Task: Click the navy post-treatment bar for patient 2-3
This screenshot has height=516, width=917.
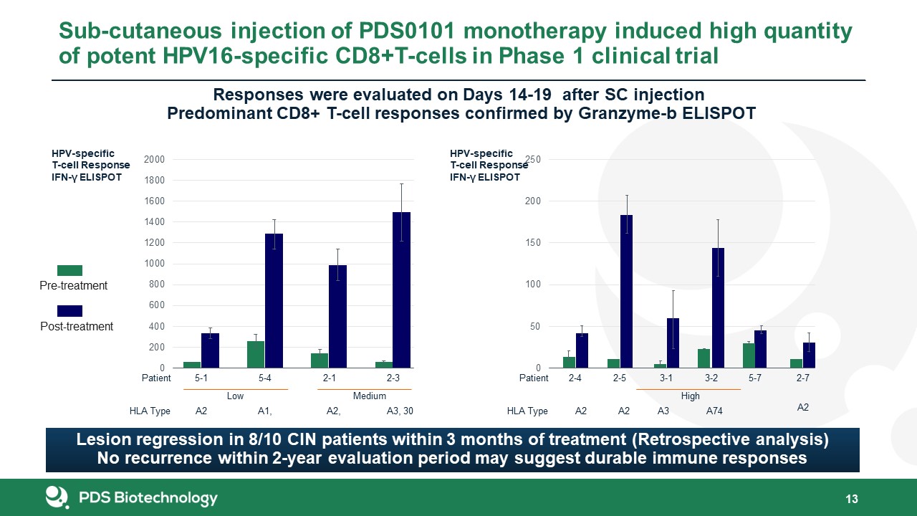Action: pyautogui.click(x=401, y=290)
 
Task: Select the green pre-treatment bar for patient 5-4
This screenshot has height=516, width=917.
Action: pyautogui.click(x=256, y=355)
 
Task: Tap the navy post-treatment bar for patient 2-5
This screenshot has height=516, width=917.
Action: pyautogui.click(x=626, y=292)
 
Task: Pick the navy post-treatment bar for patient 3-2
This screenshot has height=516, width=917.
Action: pyautogui.click(x=718, y=308)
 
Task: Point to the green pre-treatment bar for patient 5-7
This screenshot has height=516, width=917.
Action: pyautogui.click(x=749, y=355)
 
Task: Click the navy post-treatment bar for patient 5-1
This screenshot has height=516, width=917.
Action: pyautogui.click(x=210, y=350)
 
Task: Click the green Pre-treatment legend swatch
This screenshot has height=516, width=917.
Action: pyautogui.click(x=69, y=270)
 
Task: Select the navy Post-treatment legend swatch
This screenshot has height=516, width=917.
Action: pyautogui.click(x=69, y=311)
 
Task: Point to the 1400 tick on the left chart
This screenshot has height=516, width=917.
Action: pyautogui.click(x=154, y=222)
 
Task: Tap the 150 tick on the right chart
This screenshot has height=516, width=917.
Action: pyautogui.click(x=533, y=243)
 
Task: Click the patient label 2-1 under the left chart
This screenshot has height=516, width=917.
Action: pyautogui.click(x=329, y=378)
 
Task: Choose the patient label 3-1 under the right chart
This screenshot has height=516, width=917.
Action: pyautogui.click(x=666, y=378)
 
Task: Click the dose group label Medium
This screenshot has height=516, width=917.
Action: pyautogui.click(x=369, y=396)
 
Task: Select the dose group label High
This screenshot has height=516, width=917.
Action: pyautogui.click(x=690, y=396)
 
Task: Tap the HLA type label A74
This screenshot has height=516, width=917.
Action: pyautogui.click(x=714, y=411)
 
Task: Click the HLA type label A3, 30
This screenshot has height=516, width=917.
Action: pyautogui.click(x=400, y=411)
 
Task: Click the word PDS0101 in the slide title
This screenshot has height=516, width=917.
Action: pyautogui.click(x=407, y=30)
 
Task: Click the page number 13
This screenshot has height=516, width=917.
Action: pyautogui.click(x=852, y=499)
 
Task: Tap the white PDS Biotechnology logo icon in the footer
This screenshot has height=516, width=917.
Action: pyautogui.click(x=57, y=497)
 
